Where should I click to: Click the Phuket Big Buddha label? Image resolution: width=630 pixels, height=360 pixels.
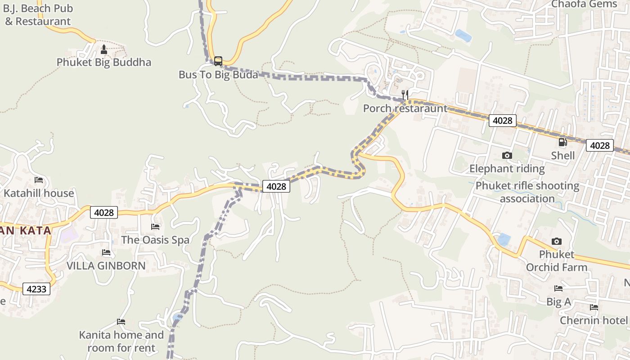104,62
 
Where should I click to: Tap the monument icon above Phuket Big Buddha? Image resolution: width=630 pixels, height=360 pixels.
104,49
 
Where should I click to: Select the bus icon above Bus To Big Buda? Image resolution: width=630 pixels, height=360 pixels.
218,61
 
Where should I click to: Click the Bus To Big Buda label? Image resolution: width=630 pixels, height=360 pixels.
218,74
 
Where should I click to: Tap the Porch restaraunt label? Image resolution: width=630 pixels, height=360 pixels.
405,108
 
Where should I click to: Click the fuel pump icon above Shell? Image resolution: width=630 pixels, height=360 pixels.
562,142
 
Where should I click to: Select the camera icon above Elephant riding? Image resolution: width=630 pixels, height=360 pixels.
507,155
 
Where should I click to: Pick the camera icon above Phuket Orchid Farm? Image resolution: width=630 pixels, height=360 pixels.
557,241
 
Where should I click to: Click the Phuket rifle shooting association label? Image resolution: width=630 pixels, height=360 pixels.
527,192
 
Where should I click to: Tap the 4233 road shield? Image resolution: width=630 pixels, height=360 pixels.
36,289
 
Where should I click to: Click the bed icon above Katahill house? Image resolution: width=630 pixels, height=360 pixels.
39,180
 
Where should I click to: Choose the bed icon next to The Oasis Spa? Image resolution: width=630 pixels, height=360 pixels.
155,226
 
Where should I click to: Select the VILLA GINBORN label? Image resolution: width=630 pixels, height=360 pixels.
106,265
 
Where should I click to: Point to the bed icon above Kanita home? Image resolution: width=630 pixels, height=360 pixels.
121,322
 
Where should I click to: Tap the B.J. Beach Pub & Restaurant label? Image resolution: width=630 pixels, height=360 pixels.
38,15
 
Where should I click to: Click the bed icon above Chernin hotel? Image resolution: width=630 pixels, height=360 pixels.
594,307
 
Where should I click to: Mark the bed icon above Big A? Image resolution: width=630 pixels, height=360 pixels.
558,288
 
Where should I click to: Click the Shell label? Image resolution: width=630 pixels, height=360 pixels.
563,156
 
